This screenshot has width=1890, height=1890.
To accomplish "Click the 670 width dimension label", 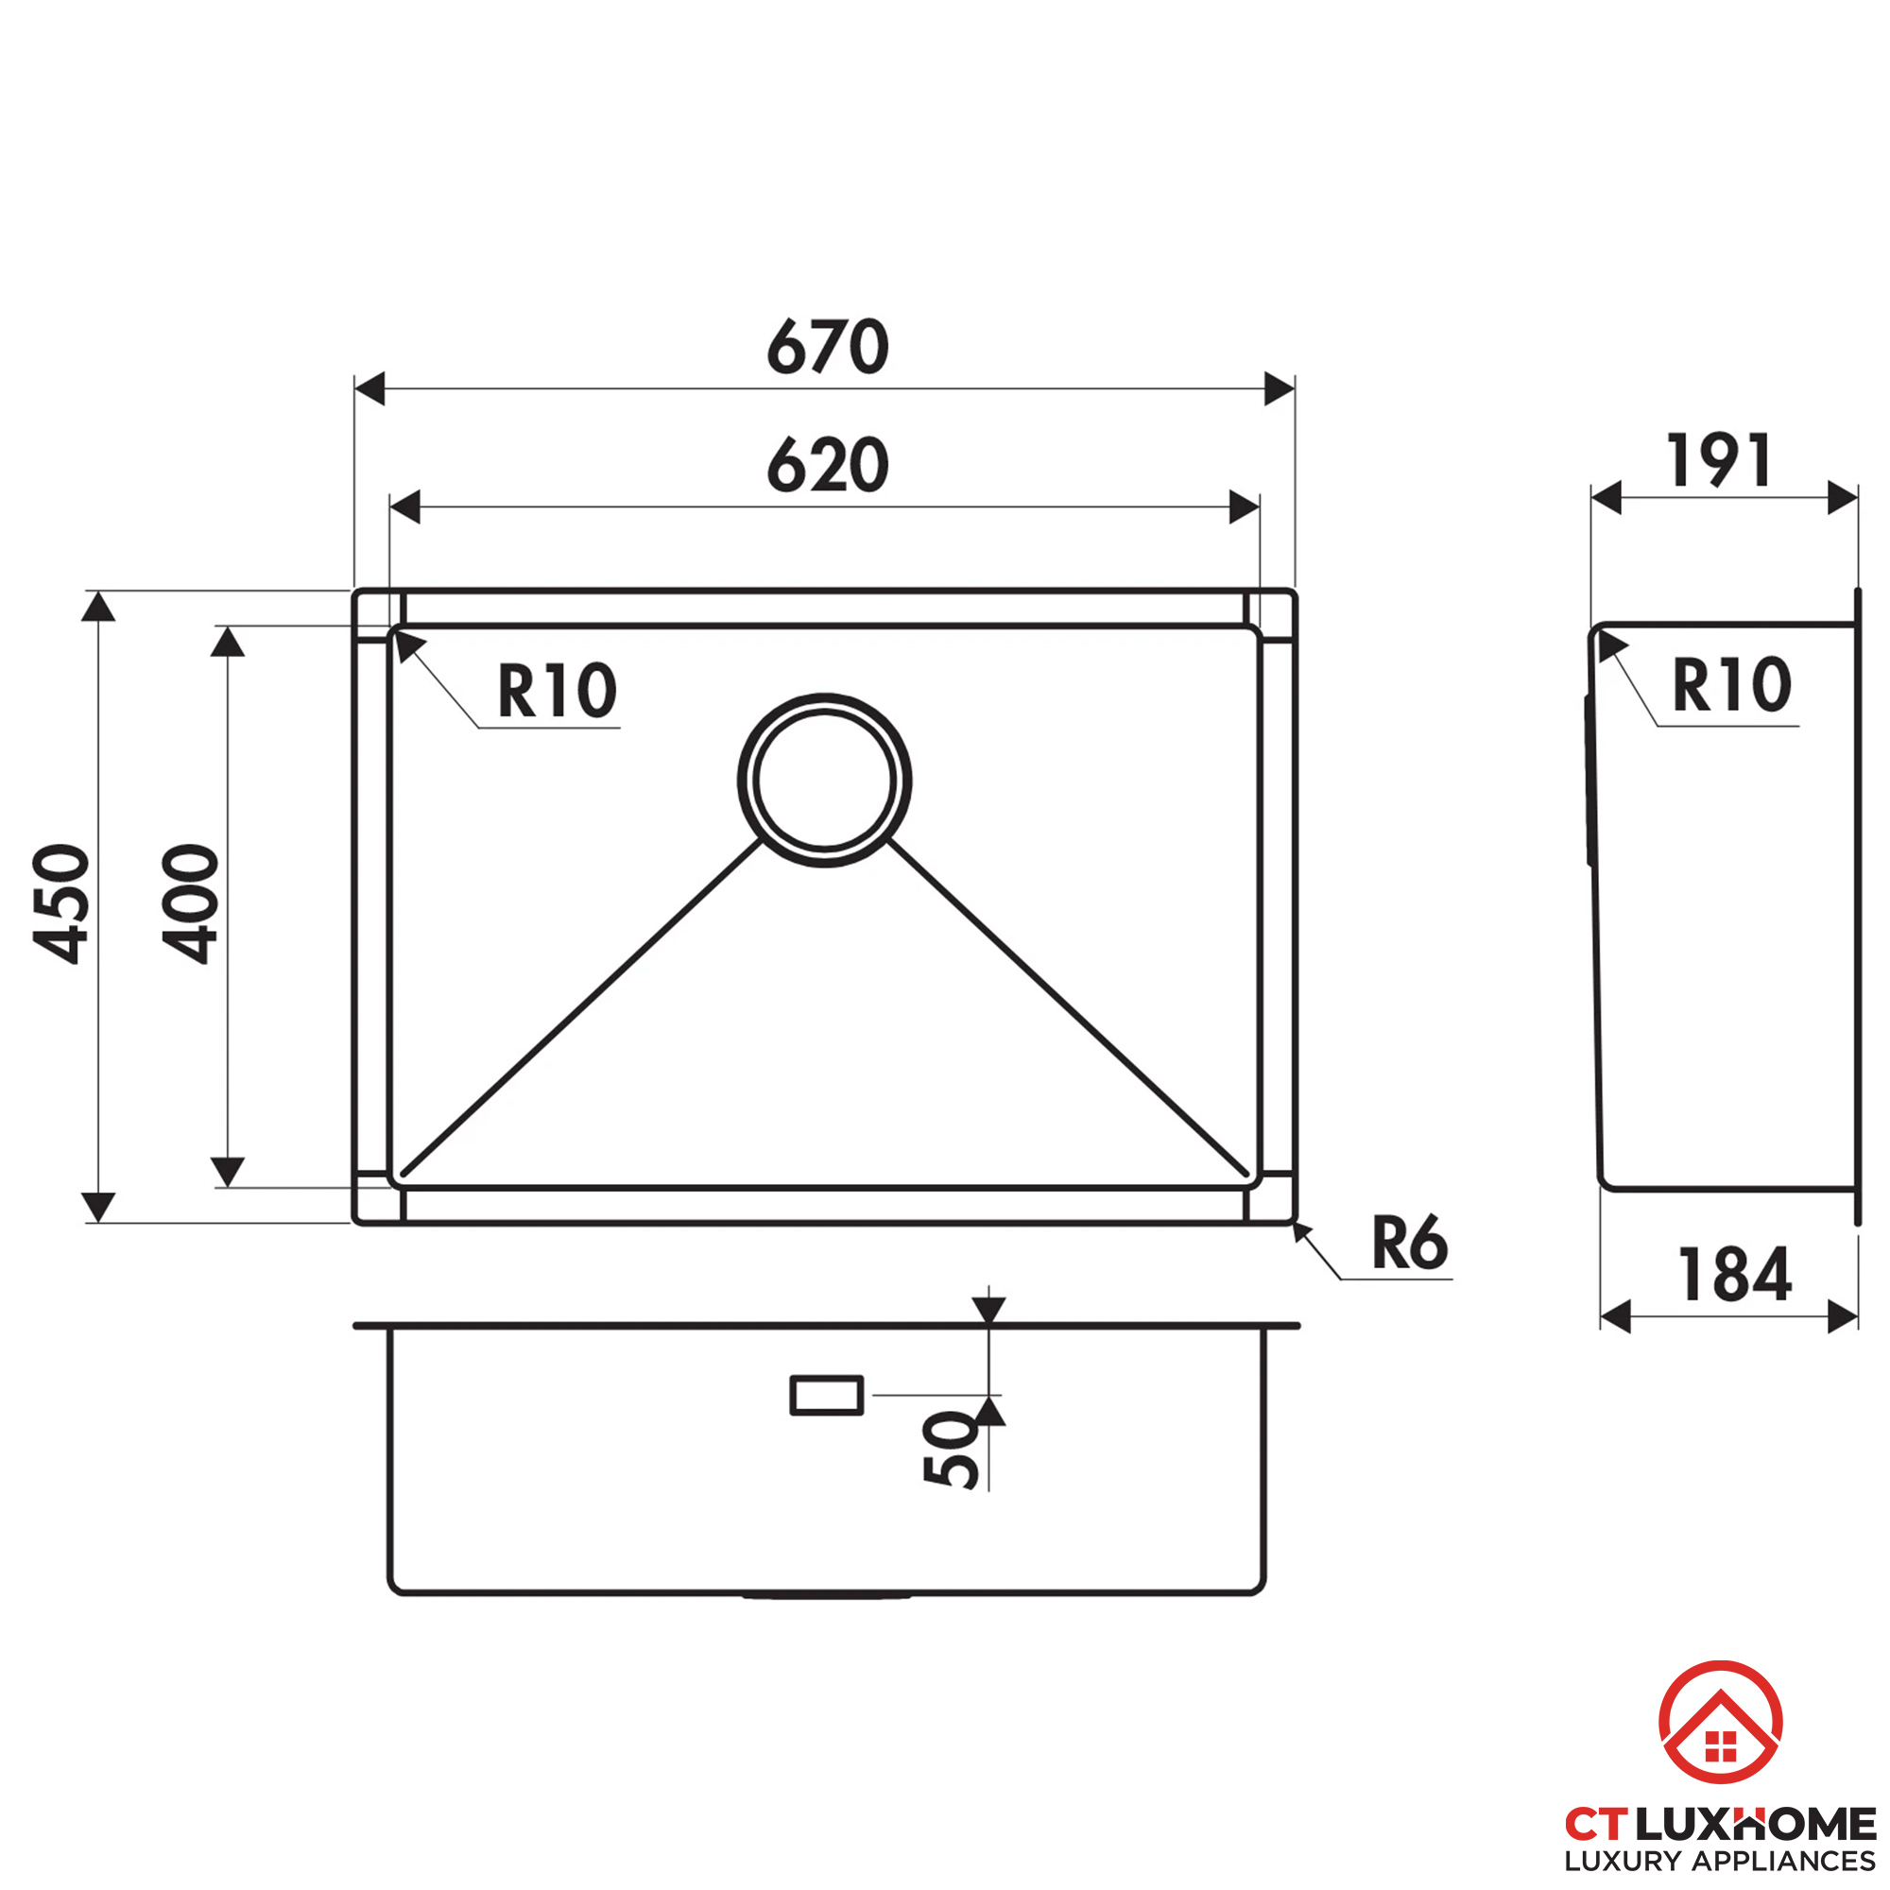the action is [x=827, y=347].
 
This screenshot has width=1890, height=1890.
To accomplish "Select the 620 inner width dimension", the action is [x=827, y=465].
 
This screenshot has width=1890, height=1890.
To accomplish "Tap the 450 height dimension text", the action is [x=60, y=904].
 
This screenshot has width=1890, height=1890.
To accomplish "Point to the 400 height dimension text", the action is [x=190, y=904].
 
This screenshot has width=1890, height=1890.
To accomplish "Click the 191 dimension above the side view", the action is [x=1719, y=460].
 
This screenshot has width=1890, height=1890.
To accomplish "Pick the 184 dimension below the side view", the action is [x=1734, y=1275].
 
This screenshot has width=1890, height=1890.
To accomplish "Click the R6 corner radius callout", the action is [x=1409, y=1243].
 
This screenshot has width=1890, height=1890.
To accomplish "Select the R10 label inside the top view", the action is [x=557, y=691].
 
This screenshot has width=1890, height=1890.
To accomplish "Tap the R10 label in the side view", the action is [x=1731, y=685].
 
